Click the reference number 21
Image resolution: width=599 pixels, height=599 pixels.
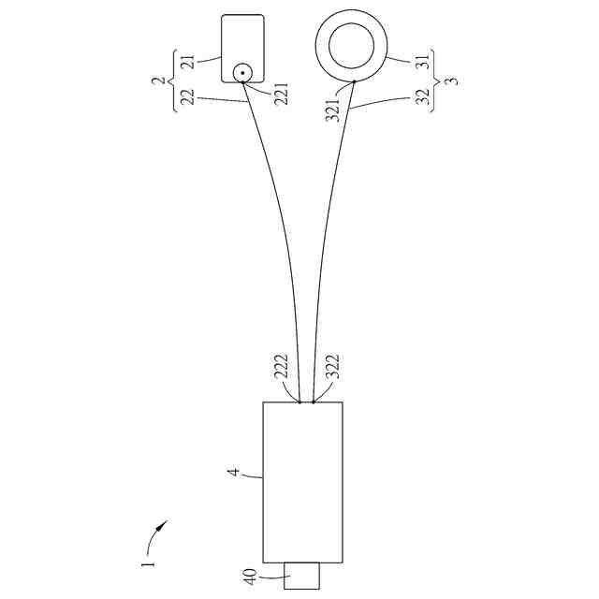(x=188, y=63)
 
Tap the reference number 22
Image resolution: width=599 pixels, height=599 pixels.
(x=188, y=97)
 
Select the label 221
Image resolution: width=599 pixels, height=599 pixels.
(x=282, y=94)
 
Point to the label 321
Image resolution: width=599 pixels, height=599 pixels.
(x=332, y=110)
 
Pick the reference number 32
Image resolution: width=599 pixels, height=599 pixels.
(x=422, y=97)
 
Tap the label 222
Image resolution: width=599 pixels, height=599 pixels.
(x=281, y=367)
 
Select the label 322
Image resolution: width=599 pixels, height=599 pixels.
(x=332, y=367)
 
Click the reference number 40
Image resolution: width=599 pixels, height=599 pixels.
(x=250, y=577)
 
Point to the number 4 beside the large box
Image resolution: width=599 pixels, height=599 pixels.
(x=234, y=472)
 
